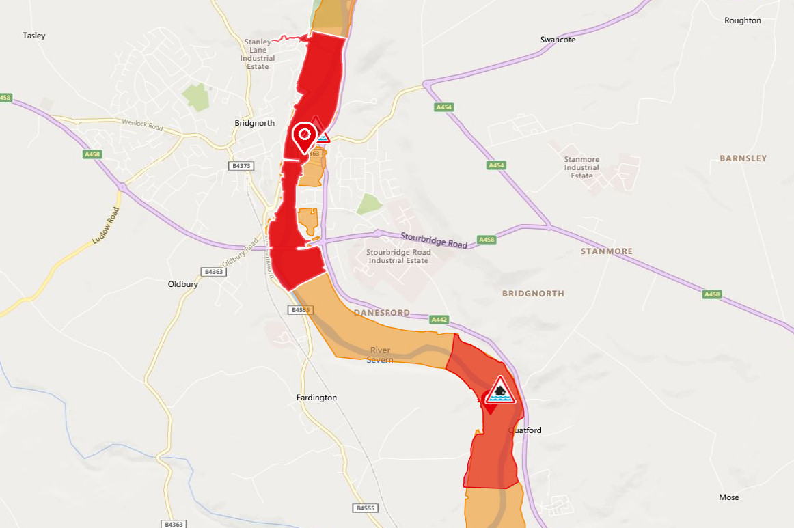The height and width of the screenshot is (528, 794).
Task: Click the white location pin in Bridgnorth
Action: click(x=304, y=136)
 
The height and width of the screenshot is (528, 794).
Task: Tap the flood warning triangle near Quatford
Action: click(x=501, y=391)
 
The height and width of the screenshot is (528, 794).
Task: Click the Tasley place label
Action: click(x=33, y=36)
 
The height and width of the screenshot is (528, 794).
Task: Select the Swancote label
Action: click(x=558, y=40)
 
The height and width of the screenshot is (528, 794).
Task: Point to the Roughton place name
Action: click(x=742, y=20)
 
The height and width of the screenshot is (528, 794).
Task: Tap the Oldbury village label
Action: click(x=182, y=284)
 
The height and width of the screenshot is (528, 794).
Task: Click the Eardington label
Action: click(x=316, y=398)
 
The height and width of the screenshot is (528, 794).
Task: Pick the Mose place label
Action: click(x=728, y=497)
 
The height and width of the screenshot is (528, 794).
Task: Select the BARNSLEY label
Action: click(x=743, y=158)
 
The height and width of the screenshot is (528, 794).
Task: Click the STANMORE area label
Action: click(x=606, y=251)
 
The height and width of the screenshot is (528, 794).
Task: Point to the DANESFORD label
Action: click(x=382, y=313)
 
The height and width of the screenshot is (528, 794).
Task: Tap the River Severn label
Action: click(x=380, y=355)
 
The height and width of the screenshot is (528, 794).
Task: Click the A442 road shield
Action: click(x=439, y=319)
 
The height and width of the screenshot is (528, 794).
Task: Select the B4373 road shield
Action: click(x=242, y=166)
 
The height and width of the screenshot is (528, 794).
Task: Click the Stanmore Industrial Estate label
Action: click(x=581, y=167)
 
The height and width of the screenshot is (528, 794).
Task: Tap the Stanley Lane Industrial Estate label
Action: click(x=258, y=50)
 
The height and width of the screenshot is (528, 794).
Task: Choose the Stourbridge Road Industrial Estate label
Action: click(x=397, y=256)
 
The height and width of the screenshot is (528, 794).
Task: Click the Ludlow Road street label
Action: click(x=106, y=225)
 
